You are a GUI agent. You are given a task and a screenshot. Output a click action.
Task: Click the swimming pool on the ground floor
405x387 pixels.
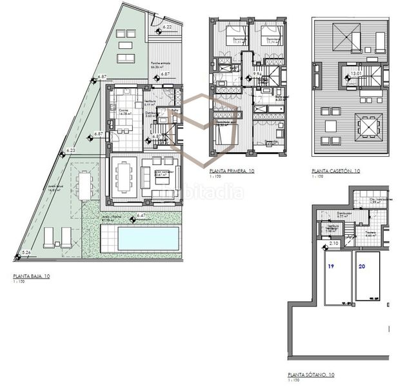pyautogui.click(x=147, y=239)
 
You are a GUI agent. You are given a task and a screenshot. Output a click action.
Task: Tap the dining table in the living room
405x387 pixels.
pyautogui.click(x=124, y=175)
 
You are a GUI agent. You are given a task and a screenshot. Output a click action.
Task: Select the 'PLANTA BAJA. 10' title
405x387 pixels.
pyautogui.click(x=32, y=275)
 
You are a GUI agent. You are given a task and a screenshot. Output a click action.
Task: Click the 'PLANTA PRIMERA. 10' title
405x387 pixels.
pyautogui.click(x=232, y=171)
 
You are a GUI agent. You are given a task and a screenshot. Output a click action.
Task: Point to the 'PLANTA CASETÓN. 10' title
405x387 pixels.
pyautogui.click(x=335, y=172)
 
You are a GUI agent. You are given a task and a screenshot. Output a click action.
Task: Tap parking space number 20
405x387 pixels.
pyautogui.click(x=361, y=265)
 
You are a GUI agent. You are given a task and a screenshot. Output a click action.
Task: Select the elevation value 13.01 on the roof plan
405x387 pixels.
pyautogui.click(x=355, y=74)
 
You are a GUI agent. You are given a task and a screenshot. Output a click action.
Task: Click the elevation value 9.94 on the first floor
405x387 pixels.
pyautogui.click(x=257, y=74)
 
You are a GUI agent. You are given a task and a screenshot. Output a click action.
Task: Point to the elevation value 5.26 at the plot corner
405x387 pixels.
pyautogui.click(x=26, y=252)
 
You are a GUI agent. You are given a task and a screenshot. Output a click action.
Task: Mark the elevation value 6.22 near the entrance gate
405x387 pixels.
pyautogui.click(x=167, y=26)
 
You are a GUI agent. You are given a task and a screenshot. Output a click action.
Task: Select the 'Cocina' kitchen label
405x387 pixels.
pyautogui.click(x=122, y=111)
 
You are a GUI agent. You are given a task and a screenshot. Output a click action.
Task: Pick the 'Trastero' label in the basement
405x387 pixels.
pyautogui.click(x=370, y=233)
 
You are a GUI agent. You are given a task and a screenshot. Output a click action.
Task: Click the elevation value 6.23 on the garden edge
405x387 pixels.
pyautogui.click(x=71, y=150)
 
